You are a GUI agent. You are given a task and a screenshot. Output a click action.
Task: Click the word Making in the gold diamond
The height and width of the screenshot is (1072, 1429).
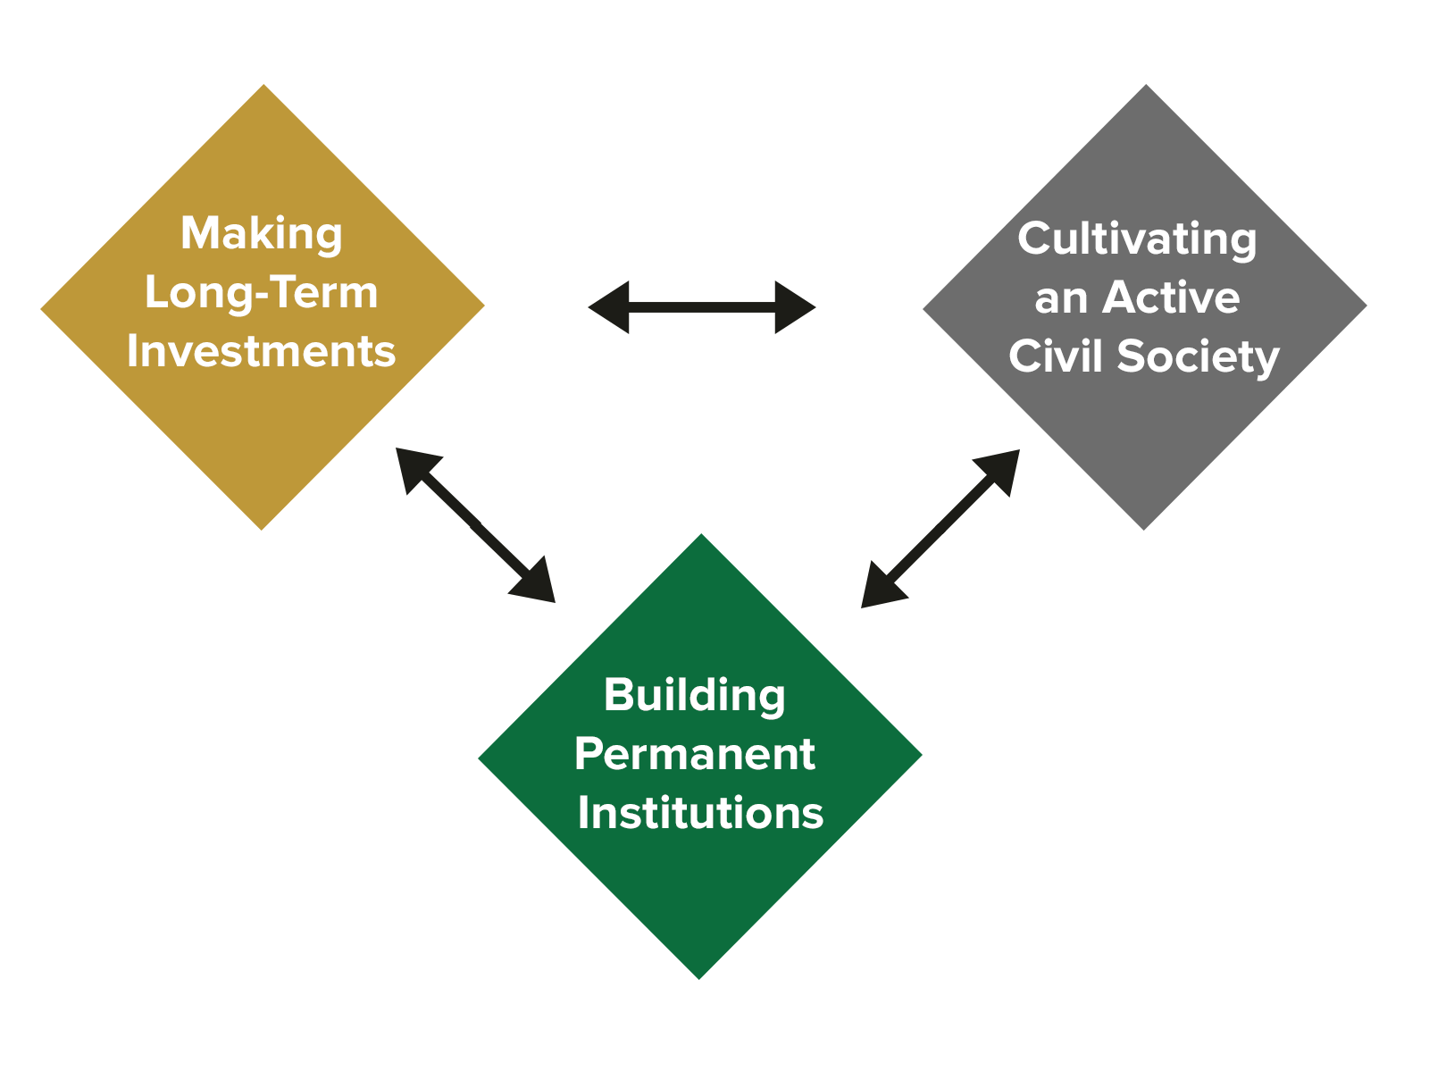(x=261, y=234)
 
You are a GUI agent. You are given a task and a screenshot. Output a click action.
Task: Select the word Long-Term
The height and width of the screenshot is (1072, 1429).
(x=261, y=293)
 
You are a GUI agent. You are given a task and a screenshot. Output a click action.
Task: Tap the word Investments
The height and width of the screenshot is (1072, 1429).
(x=261, y=351)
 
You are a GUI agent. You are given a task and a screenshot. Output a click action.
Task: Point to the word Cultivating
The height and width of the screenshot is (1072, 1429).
(x=1137, y=239)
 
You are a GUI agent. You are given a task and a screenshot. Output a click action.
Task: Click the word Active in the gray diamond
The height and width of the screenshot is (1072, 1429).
(x=1171, y=297)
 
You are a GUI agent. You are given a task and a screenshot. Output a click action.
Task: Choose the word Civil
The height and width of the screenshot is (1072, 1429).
(x=1057, y=356)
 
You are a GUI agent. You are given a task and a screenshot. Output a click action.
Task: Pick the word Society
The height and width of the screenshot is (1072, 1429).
(x=1199, y=356)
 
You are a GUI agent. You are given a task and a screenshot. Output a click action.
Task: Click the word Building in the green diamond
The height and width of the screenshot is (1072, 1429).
(x=694, y=695)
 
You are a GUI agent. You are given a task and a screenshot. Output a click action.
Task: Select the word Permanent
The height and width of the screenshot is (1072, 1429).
(x=694, y=754)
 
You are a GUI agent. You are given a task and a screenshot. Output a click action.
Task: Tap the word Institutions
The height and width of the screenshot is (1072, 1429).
(x=699, y=813)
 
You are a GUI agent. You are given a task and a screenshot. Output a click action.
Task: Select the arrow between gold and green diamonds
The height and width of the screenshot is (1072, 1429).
(x=476, y=525)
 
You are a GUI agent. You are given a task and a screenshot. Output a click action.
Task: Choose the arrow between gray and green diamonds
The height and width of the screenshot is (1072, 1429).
(x=940, y=529)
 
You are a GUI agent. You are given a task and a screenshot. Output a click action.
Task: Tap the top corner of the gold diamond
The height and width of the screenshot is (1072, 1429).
(x=263, y=88)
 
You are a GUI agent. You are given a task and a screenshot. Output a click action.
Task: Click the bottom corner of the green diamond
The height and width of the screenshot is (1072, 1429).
(x=699, y=976)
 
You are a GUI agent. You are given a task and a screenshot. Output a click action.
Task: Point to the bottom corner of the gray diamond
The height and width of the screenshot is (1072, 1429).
(x=1145, y=527)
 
